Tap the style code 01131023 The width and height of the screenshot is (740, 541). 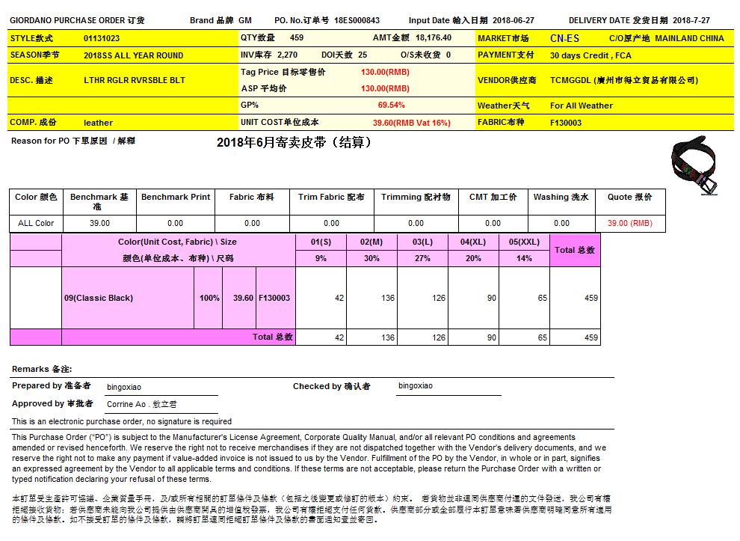point(102,38)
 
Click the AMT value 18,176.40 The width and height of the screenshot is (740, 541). point(434,37)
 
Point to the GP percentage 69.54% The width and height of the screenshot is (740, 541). point(391,106)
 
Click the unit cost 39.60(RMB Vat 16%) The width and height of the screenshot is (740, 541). point(411,123)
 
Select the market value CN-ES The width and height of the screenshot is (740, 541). point(564,38)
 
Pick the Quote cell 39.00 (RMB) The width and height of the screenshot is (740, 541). point(629,223)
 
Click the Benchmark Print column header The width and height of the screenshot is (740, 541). point(176,197)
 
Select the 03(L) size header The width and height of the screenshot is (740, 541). point(422,242)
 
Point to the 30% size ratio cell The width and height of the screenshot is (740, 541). point(371,258)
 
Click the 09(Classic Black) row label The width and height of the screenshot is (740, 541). point(99,298)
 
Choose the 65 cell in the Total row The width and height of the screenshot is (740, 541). point(542,337)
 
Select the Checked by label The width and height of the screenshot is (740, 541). point(331,386)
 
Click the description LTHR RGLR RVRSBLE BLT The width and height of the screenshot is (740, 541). point(135,80)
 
